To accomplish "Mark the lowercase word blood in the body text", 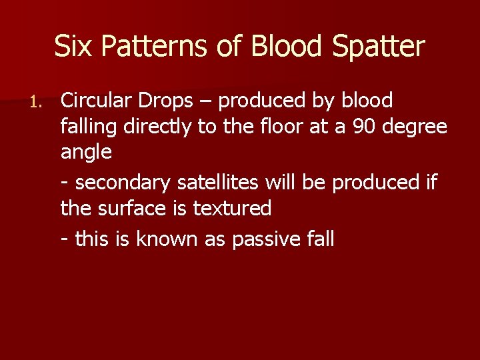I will [x=366, y=101].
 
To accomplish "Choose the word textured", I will [x=232, y=209].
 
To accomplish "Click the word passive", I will [x=265, y=239].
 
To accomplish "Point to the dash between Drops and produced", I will [x=210, y=102].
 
